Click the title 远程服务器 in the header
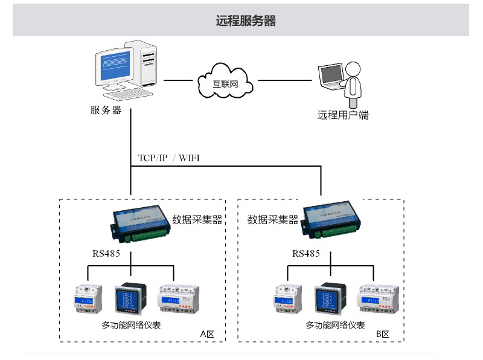[246, 21]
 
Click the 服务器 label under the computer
[106, 111]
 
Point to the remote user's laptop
[332, 77]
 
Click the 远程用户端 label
[343, 115]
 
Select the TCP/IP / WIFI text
[168, 158]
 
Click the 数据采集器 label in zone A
[197, 219]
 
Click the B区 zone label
[383, 335]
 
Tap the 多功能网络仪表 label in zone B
[335, 326]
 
